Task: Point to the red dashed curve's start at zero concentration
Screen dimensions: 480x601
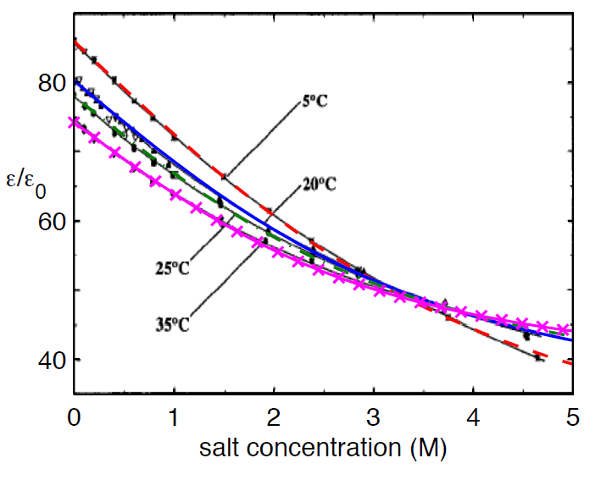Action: (x=75, y=41)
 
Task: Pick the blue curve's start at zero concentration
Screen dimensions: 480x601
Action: (x=75, y=82)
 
